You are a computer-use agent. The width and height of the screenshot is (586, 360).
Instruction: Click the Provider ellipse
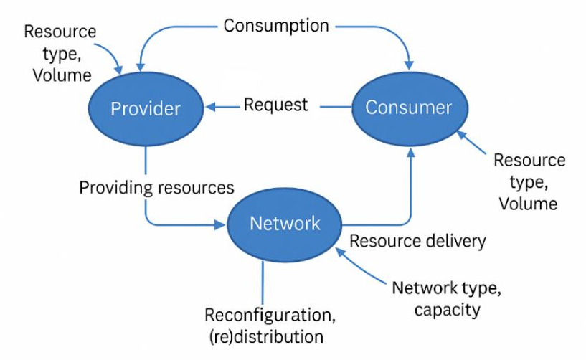click(x=145, y=108)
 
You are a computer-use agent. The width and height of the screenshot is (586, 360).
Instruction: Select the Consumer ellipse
click(x=408, y=108)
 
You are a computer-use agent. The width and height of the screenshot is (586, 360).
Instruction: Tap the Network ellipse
click(x=285, y=224)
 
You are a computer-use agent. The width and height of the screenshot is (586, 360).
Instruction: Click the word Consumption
click(x=276, y=26)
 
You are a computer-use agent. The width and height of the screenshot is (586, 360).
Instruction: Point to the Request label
click(x=275, y=105)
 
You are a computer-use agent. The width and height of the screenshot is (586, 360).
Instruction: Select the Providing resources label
click(x=156, y=188)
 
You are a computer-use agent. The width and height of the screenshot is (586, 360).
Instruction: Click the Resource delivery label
click(x=417, y=241)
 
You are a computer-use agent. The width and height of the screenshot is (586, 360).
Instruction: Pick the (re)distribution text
click(x=264, y=336)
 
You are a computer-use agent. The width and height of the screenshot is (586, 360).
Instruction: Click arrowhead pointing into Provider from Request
click(x=209, y=108)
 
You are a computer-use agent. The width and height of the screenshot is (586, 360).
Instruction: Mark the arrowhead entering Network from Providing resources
click(x=221, y=224)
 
